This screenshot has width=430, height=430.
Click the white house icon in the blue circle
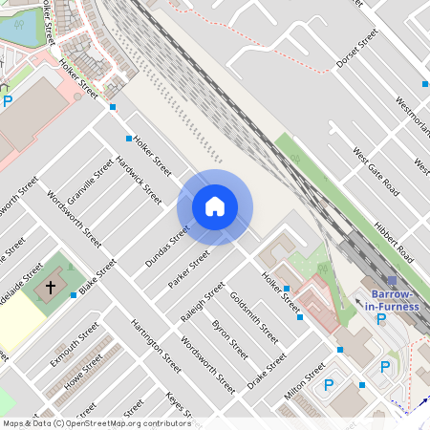pyautogui.click(x=215, y=206)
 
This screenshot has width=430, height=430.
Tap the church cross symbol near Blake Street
pyautogui.click(x=52, y=287)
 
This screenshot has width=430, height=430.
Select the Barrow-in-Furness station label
pyautogui.click(x=394, y=299)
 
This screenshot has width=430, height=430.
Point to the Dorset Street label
pyautogui.click(x=358, y=54)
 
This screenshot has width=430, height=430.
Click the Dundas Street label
pyautogui.click(x=167, y=246)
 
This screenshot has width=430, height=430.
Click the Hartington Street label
pyautogui.click(x=156, y=345)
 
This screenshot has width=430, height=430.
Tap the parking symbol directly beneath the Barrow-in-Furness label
pyautogui.click(x=381, y=319)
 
